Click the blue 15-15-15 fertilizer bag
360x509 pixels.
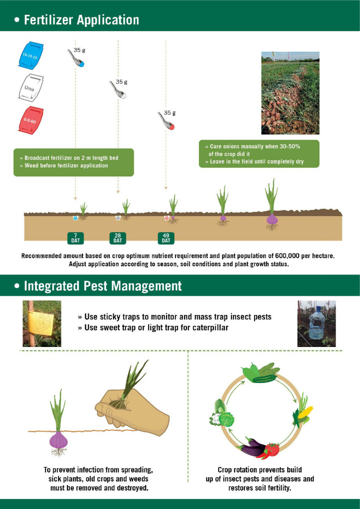tap(31, 55)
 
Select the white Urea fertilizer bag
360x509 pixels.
tap(31, 87)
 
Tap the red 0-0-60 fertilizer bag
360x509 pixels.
tap(31, 120)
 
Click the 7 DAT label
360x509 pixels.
tap(75, 238)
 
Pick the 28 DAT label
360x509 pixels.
tap(118, 238)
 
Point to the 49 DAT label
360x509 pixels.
tap(166, 238)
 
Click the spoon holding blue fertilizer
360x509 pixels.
tap(76, 58)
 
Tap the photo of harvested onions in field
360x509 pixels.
tap(290, 93)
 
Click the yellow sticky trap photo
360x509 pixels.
tap(42, 323)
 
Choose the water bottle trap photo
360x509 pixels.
tap(316, 323)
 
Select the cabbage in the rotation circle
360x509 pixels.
tap(225, 418)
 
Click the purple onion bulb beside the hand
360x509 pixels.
tap(59, 441)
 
